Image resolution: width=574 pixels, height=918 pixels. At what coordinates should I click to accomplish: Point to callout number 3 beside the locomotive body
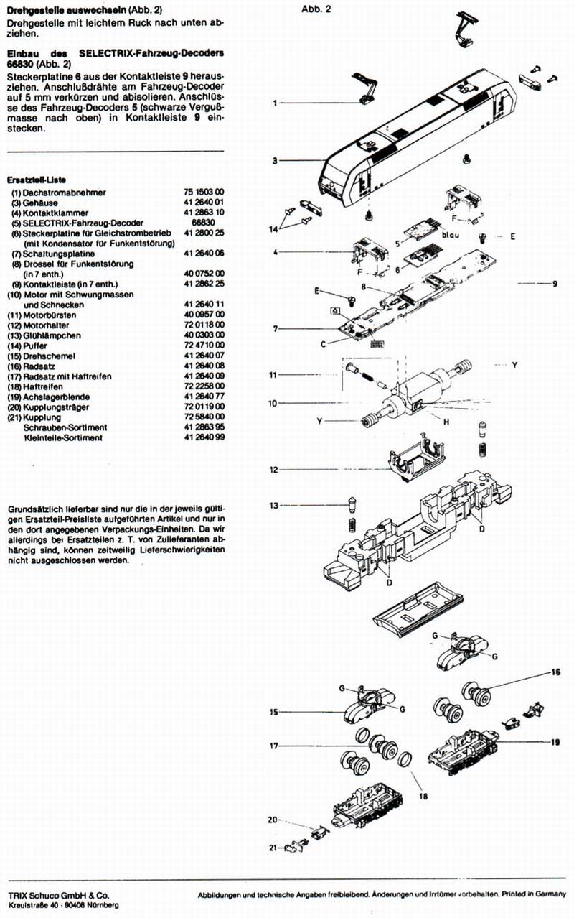(x=275, y=161)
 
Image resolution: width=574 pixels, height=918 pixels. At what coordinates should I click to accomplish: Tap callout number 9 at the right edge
(x=555, y=284)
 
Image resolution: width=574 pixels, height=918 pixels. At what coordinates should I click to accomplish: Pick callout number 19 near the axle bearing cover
(x=555, y=739)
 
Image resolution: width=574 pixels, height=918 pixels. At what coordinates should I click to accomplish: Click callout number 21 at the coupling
(x=273, y=848)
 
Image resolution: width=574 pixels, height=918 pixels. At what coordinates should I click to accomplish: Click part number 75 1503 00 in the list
(x=204, y=193)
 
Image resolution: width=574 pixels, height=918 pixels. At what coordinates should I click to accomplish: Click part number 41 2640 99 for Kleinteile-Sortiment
(x=204, y=437)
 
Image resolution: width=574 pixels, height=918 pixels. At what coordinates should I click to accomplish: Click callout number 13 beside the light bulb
(x=273, y=506)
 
